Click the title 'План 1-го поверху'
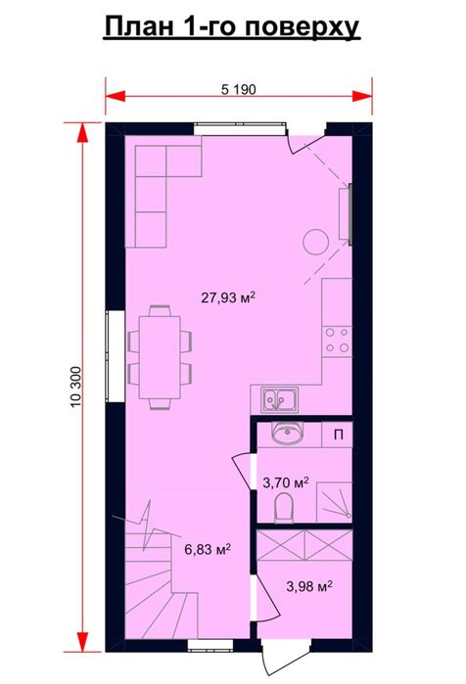click(232, 27)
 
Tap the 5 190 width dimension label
click(238, 89)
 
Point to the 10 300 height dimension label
click(75, 387)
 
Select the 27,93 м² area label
click(228, 297)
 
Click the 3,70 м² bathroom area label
click(286, 482)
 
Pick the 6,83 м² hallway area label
click(208, 549)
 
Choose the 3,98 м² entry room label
click(309, 586)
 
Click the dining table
click(160, 357)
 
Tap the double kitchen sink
click(280, 399)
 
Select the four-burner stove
click(338, 341)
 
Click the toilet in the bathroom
click(284, 507)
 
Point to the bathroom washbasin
click(287, 434)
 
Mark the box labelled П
click(337, 434)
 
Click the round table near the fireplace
click(316, 242)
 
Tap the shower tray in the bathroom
click(334, 502)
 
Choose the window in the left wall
click(116, 356)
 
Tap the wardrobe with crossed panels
click(304, 545)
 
